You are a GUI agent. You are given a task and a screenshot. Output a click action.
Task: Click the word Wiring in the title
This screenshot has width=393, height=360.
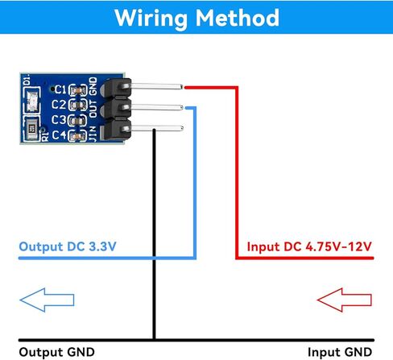(x=151, y=19)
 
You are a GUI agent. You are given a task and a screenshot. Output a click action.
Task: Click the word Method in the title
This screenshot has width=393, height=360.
(x=238, y=18)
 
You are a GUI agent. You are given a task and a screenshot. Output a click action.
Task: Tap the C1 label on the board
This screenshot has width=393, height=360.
(x=60, y=89)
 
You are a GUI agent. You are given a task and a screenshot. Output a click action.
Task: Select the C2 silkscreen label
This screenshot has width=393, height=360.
(x=59, y=104)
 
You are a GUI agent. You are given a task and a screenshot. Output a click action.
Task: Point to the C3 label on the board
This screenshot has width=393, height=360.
(x=59, y=120)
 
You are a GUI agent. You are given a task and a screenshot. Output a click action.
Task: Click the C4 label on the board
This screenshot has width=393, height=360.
(x=59, y=134)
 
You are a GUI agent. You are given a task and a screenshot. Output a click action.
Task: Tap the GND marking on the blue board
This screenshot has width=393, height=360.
(x=93, y=86)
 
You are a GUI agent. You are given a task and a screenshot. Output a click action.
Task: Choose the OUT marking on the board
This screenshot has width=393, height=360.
(x=93, y=109)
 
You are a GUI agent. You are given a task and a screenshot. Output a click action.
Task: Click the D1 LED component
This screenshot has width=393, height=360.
(x=32, y=101)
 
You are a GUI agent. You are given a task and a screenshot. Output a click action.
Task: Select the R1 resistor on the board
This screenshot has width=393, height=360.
(x=32, y=130)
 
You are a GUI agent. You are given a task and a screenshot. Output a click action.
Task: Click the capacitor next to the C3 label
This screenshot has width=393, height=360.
(x=77, y=121)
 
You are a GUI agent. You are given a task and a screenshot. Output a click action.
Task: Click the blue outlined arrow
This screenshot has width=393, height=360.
(x=47, y=300)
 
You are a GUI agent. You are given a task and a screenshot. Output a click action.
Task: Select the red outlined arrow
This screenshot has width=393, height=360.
(x=345, y=300)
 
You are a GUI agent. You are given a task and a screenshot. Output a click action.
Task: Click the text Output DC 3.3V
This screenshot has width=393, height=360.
(x=68, y=246)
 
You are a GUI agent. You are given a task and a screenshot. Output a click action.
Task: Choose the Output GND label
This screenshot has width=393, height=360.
(x=56, y=352)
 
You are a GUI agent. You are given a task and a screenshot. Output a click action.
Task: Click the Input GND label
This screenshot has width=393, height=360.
(x=340, y=352)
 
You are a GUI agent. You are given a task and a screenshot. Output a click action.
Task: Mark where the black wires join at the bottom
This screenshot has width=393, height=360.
(x=154, y=340)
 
